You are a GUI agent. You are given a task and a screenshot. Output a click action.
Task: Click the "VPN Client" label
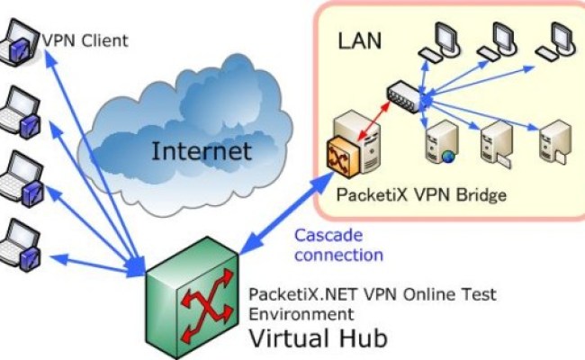[85, 40]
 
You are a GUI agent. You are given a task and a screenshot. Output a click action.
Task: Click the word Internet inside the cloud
[202, 149]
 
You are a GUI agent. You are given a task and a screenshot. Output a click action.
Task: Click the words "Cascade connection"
[337, 244]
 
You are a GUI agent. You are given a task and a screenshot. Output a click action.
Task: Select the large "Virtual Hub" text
[317, 339]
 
